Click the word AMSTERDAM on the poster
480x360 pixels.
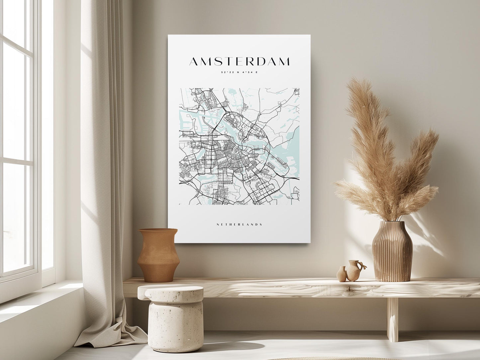tap(239, 61)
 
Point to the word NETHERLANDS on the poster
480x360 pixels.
tap(239, 225)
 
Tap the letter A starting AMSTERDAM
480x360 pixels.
tap(195, 61)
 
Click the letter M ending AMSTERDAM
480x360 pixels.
tap(283, 61)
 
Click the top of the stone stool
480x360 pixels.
tap(171, 292)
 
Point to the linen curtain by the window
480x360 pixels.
tap(100, 166)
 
